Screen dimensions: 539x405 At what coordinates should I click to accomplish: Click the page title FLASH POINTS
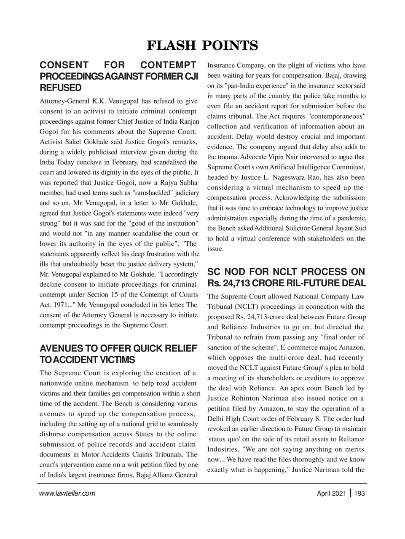click(202, 45)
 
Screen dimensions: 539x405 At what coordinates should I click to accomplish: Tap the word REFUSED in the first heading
click(60, 88)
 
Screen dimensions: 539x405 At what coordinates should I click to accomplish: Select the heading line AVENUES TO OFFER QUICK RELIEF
click(118, 349)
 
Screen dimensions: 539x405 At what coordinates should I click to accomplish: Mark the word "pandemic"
click(351, 218)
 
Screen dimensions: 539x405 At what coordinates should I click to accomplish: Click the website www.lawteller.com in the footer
click(67, 494)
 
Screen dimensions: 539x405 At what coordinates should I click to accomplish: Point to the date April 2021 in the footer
click(332, 494)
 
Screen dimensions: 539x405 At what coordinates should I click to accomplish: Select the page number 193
click(359, 494)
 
